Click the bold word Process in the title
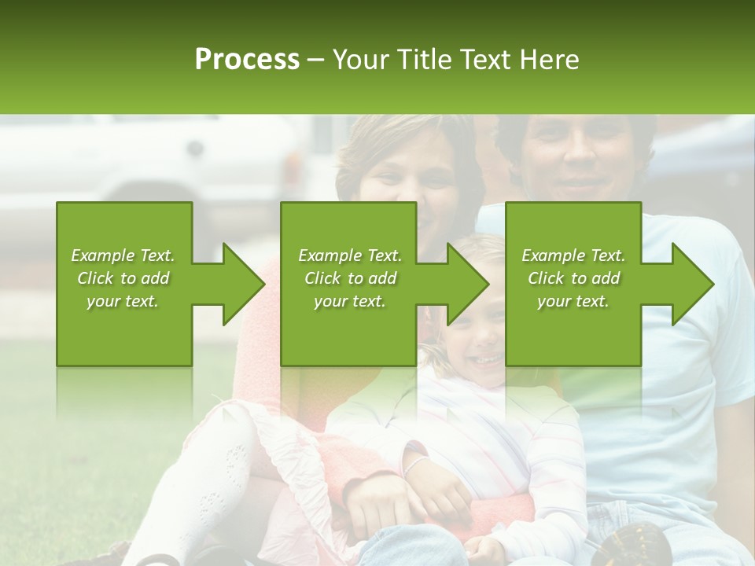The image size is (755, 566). click(247, 60)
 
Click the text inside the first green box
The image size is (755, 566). click(123, 278)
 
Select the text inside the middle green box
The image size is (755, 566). click(349, 278)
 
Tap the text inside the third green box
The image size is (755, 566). click(573, 278)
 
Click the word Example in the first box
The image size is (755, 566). click(103, 255)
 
